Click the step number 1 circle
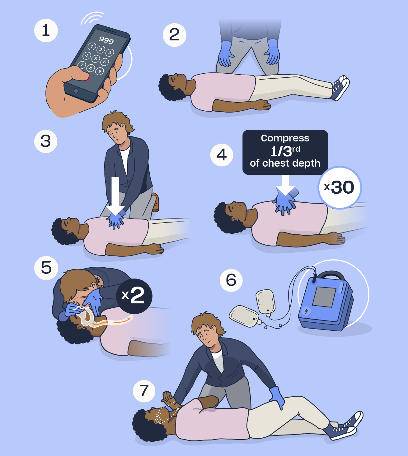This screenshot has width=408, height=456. click(46, 30)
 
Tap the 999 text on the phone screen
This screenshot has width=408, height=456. click(106, 40)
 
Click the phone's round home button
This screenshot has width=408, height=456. click(76, 91)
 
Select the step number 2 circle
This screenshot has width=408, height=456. click(175, 35)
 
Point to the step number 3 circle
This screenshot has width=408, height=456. click(46, 141)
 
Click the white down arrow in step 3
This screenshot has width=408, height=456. click(115, 196)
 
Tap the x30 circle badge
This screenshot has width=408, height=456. click(340, 187)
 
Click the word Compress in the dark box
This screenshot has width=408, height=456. click(285, 138)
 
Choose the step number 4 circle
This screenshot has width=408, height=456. click(222, 155)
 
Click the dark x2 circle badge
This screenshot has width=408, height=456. click(134, 296)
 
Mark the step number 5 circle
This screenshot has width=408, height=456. click(46, 268)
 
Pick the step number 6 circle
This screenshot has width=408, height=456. click(231, 280)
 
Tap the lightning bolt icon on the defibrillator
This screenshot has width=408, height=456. click(306, 311)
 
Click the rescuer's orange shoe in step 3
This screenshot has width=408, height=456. click(156, 202)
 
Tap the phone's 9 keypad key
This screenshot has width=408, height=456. click(99, 71)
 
